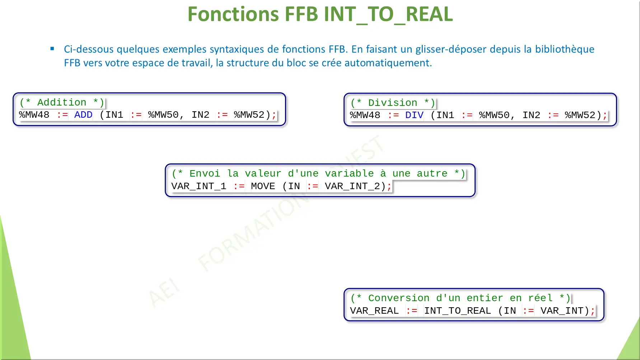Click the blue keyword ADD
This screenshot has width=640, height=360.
[83, 115]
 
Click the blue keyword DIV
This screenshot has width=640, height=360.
[414, 115]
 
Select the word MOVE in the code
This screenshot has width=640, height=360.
[263, 186]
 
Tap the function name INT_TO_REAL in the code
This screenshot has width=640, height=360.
[457, 311]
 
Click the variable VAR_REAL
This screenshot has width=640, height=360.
[374, 311]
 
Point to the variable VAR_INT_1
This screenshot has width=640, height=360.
[198, 186]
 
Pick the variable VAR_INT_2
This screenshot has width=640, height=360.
[352, 186]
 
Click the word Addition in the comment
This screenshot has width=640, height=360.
[62, 103]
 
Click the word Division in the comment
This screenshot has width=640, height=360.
[393, 103]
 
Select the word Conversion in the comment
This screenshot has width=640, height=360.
[399, 298]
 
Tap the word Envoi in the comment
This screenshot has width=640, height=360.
[205, 174]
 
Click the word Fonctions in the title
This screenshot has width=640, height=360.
[233, 14]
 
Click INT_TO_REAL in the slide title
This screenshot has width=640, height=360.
[388, 14]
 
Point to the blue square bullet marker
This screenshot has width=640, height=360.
[52, 48]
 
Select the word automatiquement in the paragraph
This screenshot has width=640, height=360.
[388, 63]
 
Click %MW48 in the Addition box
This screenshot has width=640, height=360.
[34, 115]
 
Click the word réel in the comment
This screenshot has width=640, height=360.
[540, 298]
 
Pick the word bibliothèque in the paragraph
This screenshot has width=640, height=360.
[565, 49]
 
